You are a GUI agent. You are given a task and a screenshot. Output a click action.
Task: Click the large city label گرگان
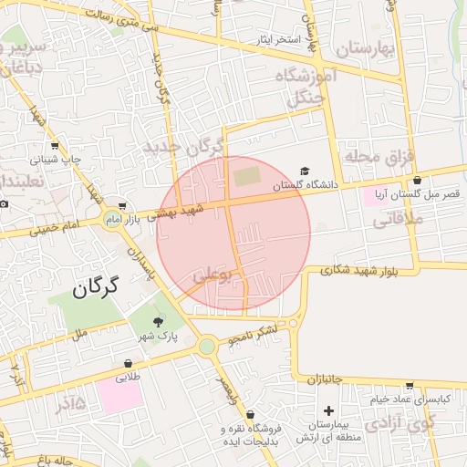point(95,289)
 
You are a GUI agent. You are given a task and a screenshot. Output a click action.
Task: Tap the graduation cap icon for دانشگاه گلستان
point(305,171)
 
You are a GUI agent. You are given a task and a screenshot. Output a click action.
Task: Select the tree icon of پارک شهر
point(159,321)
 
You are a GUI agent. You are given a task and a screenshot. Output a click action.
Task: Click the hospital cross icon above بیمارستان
point(328,411)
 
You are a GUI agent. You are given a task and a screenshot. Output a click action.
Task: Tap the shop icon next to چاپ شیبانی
point(55,146)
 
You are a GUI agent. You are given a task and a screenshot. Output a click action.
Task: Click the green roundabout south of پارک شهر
point(208,346)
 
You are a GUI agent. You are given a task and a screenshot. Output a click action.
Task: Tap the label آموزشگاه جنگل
point(306,88)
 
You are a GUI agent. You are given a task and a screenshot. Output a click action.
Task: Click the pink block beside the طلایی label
point(119,397)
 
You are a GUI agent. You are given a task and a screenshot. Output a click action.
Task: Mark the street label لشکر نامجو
point(254,338)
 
